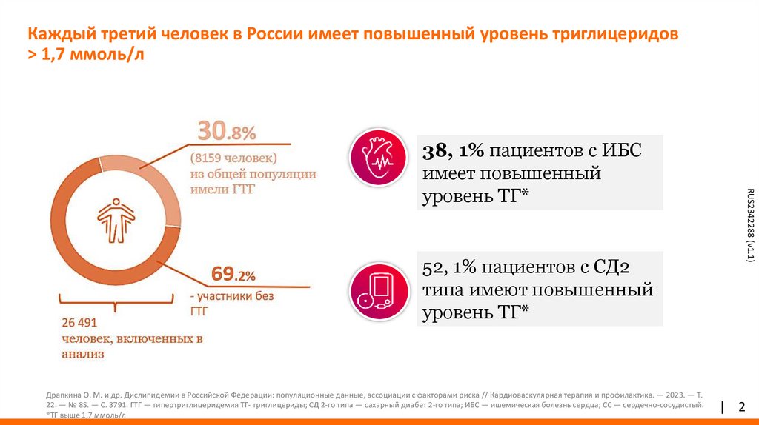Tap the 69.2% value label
[x=233, y=275]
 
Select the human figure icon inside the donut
[x=116, y=218]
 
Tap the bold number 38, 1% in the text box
[x=453, y=151]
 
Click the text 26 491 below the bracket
[x=79, y=324]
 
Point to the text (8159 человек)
[x=233, y=158]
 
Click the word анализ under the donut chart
[x=82, y=355]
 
